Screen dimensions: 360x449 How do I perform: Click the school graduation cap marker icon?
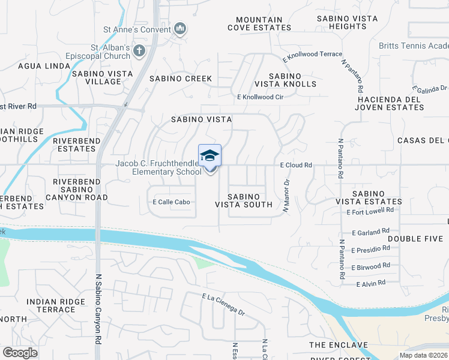pyautogui.click(x=209, y=155)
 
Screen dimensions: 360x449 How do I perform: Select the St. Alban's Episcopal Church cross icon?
pyautogui.click(x=139, y=51)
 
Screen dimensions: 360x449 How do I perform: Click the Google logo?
pyautogui.click(x=20, y=352)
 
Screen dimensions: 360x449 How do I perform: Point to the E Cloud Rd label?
pyautogui.click(x=296, y=165)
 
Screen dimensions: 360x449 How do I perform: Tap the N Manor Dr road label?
pyautogui.click(x=286, y=196)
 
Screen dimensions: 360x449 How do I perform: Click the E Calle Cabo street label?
pyautogui.click(x=172, y=202)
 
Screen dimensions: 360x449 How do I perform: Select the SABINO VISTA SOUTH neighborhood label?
pyautogui.click(x=244, y=200)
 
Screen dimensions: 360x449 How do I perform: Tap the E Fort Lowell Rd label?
pyautogui.click(x=370, y=211)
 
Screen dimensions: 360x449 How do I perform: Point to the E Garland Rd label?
pyautogui.click(x=372, y=232)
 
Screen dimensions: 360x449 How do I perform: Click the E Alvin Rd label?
pyautogui.click(x=370, y=283)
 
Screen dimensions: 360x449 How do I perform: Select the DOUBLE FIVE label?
pyautogui.click(x=415, y=238)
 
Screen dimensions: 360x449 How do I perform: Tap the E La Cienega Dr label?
pyautogui.click(x=224, y=304)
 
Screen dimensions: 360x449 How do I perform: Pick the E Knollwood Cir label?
pyautogui.click(x=261, y=97)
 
